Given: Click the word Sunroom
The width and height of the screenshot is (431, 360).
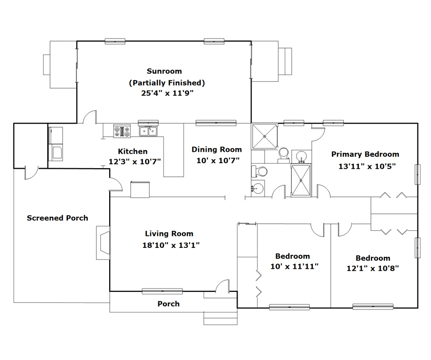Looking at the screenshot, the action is [164, 71].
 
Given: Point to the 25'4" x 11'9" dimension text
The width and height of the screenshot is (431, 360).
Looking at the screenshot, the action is [167, 93].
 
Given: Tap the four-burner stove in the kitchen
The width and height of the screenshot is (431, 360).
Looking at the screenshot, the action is [122, 131].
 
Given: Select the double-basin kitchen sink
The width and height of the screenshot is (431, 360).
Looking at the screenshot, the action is [148, 131].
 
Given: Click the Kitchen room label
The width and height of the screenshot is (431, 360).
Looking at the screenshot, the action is [132, 151].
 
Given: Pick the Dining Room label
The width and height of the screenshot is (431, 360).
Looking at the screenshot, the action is [217, 150].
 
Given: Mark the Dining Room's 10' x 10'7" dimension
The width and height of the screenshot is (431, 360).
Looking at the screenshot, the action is [218, 160].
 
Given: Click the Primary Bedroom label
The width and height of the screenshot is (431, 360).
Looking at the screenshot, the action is [365, 154].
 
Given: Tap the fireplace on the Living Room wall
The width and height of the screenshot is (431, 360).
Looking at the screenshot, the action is [103, 243].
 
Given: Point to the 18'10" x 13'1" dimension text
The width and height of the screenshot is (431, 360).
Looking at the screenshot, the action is [171, 245].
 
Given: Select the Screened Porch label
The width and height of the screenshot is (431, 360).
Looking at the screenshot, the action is [58, 218].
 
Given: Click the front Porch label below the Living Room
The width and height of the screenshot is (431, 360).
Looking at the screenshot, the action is [168, 304].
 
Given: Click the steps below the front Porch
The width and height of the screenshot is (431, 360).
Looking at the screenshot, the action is [221, 318].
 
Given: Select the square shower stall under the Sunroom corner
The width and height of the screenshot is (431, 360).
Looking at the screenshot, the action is [265, 136].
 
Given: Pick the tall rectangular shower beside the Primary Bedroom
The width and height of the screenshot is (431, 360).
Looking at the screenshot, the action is [301, 180].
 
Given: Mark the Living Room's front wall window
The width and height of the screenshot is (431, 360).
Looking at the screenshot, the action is [162, 291].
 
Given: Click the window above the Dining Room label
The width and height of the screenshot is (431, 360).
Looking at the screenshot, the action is [216, 123].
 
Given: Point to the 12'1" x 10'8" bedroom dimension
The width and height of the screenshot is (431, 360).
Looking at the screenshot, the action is [372, 268].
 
